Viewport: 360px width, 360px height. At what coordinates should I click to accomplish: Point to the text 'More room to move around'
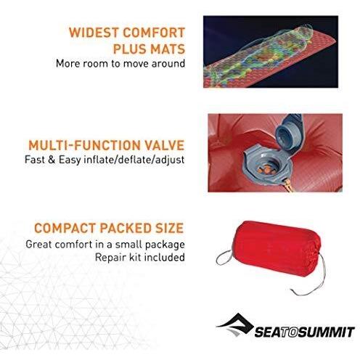point(120,63)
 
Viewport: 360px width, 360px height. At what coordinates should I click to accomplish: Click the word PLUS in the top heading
point(134,48)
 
